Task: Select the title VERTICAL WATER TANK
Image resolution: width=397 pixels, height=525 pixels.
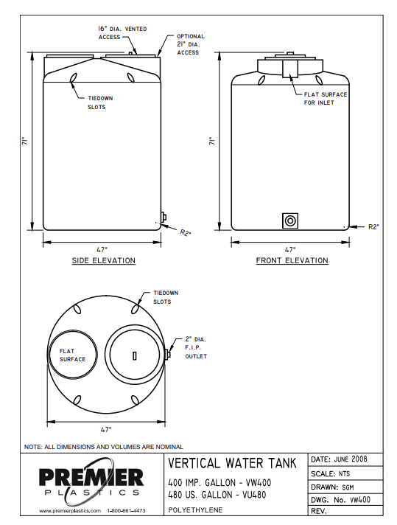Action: tap(232, 464)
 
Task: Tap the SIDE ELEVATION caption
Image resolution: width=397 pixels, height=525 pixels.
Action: tap(103, 261)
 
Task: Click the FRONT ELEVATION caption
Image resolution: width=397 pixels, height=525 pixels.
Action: tap(292, 261)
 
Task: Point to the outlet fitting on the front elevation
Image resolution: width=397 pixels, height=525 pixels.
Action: tap(291, 220)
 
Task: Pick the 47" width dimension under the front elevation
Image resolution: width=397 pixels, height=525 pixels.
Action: tap(289, 249)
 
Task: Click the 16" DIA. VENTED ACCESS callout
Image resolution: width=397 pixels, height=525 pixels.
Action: tap(122, 32)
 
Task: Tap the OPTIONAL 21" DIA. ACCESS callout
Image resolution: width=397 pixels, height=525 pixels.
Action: tap(190, 44)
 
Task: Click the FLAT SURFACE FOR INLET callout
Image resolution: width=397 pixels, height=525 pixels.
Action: tap(325, 98)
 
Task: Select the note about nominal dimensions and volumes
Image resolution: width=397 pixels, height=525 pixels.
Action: tap(103, 447)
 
